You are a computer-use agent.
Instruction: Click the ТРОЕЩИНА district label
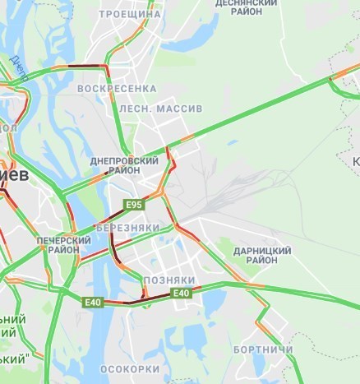point(129,15)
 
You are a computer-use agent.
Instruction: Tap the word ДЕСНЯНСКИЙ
point(251,2)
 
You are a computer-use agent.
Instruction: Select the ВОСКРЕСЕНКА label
point(116,88)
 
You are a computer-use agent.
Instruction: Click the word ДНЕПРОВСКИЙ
point(124,162)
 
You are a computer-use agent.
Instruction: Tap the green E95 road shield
point(133,203)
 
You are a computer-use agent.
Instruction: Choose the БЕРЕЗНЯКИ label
point(127,227)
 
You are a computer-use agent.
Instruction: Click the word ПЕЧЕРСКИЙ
point(64,240)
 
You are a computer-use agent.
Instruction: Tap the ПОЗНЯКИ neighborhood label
point(169,280)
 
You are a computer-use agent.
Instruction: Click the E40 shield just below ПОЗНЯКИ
point(181,293)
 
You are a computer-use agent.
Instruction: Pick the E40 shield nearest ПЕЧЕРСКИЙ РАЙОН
point(93,303)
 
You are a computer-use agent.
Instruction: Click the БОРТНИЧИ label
point(261,349)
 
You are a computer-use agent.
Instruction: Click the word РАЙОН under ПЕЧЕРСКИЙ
point(64,250)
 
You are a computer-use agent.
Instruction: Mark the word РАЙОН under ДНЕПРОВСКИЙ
point(124,172)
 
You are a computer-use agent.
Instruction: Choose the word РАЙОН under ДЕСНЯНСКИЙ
point(251,12)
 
